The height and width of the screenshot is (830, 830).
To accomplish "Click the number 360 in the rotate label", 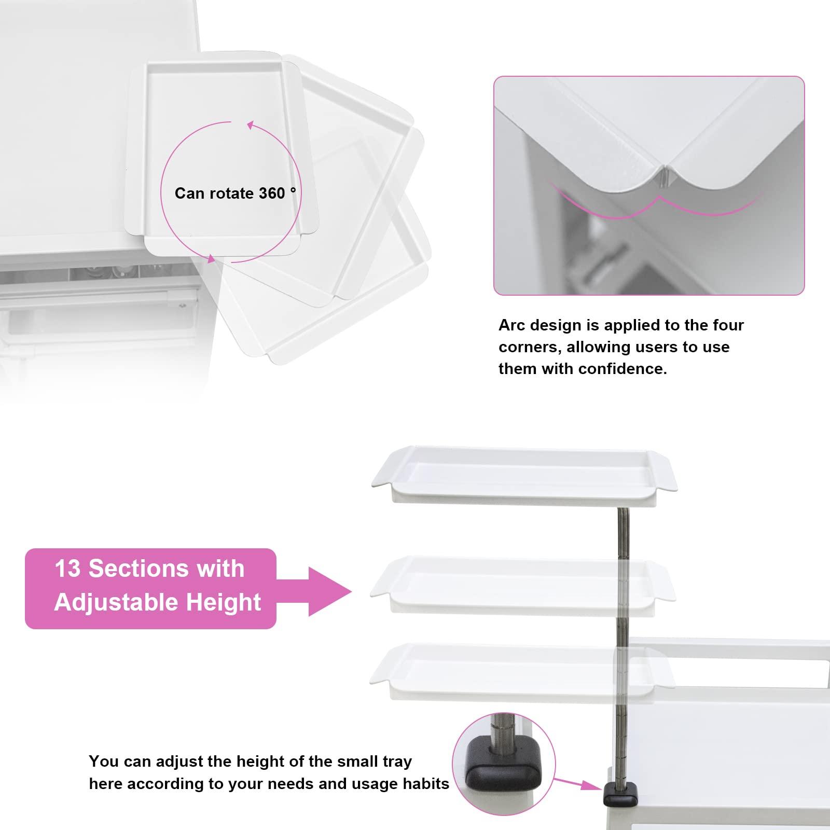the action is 272,193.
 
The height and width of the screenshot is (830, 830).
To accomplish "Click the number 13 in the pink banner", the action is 68,569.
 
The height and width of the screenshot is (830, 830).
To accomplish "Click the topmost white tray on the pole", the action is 524,474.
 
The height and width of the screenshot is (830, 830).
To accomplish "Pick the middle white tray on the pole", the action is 523,585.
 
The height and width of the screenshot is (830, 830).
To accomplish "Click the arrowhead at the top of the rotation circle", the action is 250,125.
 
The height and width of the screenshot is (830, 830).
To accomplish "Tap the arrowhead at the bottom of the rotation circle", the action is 211,258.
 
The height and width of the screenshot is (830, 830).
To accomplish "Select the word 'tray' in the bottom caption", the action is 395,762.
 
